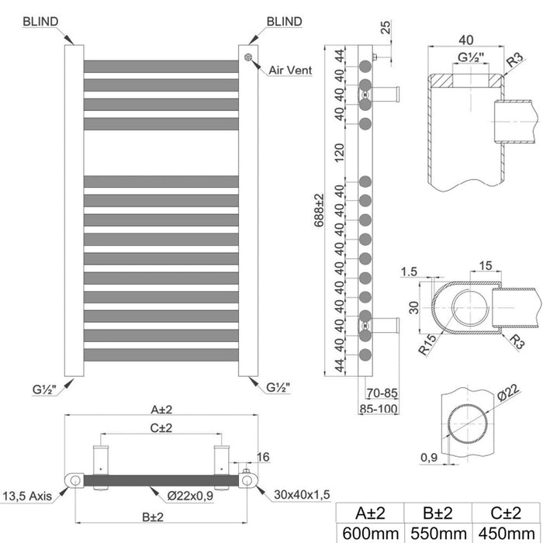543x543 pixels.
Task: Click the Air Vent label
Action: [x=290, y=71]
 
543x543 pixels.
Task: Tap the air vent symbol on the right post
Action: [x=248, y=57]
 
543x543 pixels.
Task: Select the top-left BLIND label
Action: [x=40, y=22]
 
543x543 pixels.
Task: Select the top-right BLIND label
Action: [x=285, y=22]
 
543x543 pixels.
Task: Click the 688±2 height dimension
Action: [x=319, y=210]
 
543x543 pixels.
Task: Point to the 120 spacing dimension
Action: [x=340, y=153]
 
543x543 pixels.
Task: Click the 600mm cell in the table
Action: [x=370, y=534]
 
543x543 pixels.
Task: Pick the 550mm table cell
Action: [x=438, y=534]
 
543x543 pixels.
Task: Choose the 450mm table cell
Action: [x=506, y=534]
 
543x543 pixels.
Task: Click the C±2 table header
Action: [x=506, y=513]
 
